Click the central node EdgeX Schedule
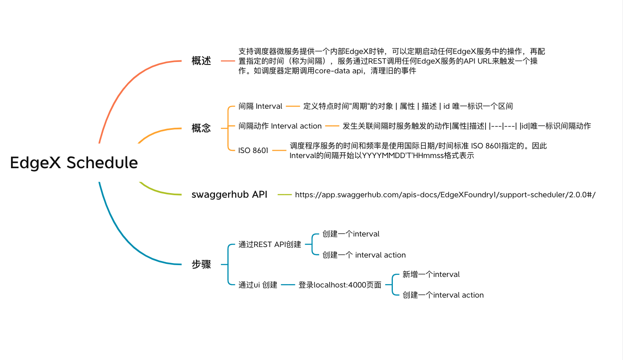click(74, 163)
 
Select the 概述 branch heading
click(201, 61)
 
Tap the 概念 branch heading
click(201, 128)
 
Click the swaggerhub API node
click(229, 194)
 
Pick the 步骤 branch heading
click(201, 264)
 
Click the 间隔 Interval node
click(260, 106)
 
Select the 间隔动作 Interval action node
click(280, 126)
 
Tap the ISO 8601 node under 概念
click(253, 150)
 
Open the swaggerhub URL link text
click(445, 195)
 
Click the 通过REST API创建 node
click(270, 244)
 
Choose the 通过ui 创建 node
click(258, 285)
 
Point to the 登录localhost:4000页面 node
click(340, 285)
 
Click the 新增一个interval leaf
click(431, 274)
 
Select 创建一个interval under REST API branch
click(351, 234)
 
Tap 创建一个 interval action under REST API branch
click(364, 255)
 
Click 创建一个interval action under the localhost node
click(443, 295)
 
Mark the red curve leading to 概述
click(126, 83)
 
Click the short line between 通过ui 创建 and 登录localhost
click(288, 285)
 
